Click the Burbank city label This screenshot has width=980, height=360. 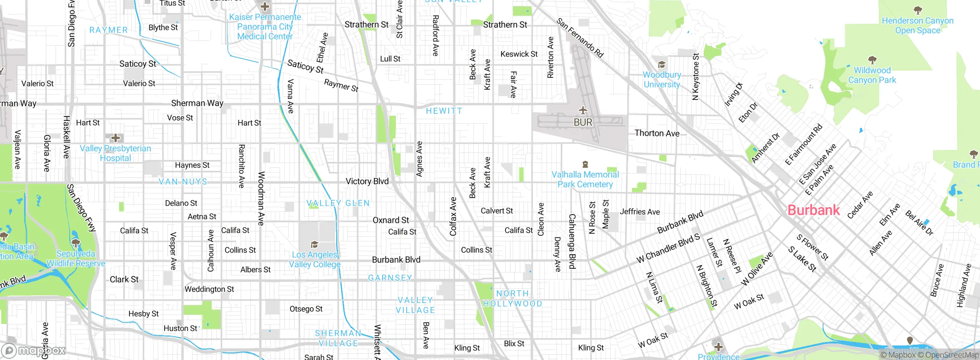click(813, 210)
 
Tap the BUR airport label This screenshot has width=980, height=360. click(583, 123)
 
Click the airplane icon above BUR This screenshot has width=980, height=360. click(583, 111)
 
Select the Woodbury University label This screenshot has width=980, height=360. click(662, 80)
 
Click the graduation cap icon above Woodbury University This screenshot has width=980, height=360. click(661, 64)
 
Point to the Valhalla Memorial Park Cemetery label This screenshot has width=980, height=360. click(585, 179)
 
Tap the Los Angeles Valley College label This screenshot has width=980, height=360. click(314, 260)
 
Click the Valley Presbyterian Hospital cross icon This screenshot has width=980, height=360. click(115, 138)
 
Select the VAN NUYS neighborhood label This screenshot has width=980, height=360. click(183, 182)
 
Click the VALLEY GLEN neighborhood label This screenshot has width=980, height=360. click(338, 203)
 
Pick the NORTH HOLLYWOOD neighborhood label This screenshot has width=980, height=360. click(513, 299)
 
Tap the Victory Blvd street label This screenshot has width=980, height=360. click(367, 181)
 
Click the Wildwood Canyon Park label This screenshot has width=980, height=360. click(872, 75)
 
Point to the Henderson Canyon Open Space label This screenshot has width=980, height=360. click(917, 25)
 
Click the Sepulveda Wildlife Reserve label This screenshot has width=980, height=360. click(76, 259)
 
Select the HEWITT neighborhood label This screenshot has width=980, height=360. click(444, 111)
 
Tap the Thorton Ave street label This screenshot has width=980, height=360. click(657, 133)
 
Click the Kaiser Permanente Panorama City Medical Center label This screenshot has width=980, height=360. click(265, 27)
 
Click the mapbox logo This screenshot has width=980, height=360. click(34, 350)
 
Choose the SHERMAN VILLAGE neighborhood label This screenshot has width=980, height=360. click(338, 338)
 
